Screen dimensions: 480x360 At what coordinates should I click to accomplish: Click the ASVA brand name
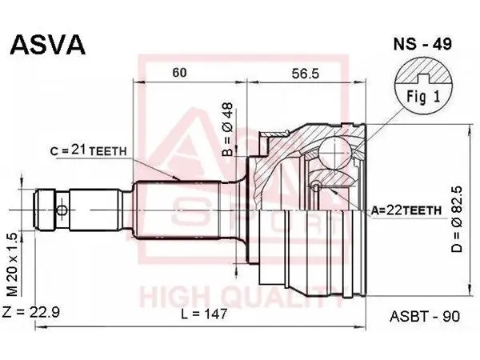click(x=47, y=45)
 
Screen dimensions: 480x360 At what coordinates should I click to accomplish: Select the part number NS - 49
click(x=422, y=44)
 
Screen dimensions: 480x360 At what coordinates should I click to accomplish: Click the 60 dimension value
click(x=179, y=73)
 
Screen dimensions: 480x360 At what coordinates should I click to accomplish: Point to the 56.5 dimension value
click(x=306, y=74)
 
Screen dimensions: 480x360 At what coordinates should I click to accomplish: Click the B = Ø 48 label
click(x=228, y=129)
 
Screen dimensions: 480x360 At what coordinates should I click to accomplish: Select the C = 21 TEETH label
click(x=89, y=150)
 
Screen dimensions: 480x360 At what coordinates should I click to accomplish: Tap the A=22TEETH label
click(x=406, y=210)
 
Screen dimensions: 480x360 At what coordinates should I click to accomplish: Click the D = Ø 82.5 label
click(x=457, y=219)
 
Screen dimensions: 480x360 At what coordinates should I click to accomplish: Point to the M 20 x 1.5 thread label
click(x=13, y=265)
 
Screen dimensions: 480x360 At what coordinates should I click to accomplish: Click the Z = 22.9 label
click(x=30, y=312)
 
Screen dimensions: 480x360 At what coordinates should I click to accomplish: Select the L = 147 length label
click(x=204, y=314)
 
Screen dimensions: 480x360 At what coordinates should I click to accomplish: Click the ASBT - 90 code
click(x=425, y=316)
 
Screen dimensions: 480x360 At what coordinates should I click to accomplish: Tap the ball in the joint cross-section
click(x=334, y=152)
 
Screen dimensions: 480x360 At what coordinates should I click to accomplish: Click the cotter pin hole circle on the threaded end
click(x=62, y=210)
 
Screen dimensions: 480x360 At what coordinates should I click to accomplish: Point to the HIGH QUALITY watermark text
click(x=242, y=297)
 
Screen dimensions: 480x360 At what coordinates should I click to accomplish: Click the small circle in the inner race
click(x=316, y=186)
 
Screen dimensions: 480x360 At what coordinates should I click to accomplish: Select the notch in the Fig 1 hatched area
click(x=423, y=78)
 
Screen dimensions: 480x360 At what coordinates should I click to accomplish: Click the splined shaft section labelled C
click(x=178, y=210)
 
